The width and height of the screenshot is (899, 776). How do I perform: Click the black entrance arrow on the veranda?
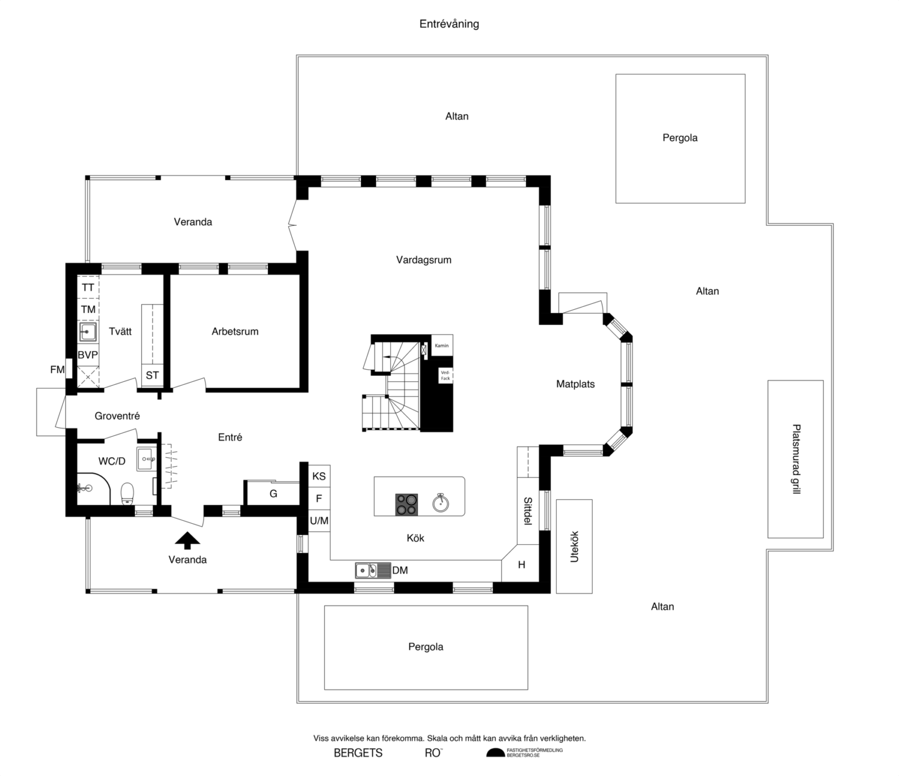[187, 540]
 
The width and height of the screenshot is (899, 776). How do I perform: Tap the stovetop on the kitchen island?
[407, 504]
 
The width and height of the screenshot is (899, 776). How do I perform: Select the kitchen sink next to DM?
[366, 570]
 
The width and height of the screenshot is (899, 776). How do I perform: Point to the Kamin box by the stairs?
[442, 346]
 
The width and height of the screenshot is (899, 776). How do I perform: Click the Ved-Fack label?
[445, 375]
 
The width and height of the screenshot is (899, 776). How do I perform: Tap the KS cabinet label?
[319, 476]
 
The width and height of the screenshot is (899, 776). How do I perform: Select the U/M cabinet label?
[319, 521]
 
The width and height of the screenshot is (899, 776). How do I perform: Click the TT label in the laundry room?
[88, 288]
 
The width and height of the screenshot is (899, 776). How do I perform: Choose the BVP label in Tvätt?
[88, 355]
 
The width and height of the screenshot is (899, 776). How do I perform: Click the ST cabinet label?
[152, 375]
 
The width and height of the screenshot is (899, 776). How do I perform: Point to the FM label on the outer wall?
[57, 369]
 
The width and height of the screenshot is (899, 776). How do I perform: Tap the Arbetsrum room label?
[235, 331]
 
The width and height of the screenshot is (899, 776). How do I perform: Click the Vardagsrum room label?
[424, 260]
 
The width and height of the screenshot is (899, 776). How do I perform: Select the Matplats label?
[576, 384]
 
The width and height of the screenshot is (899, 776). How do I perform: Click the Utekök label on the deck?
[575, 547]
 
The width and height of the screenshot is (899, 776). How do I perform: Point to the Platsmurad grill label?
[796, 459]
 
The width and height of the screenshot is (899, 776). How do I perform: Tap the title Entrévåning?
[449, 24]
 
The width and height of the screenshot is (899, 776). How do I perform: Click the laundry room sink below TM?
[88, 332]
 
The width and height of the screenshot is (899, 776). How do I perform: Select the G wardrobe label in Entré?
[273, 493]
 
